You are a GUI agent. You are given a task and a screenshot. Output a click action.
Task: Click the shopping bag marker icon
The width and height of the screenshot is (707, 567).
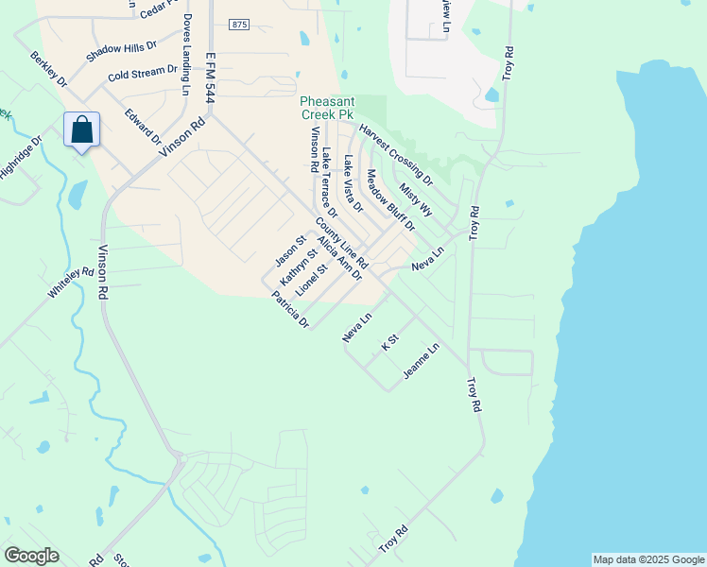coord(82,129)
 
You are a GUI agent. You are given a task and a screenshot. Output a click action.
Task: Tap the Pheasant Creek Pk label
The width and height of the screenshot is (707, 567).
coord(326,108)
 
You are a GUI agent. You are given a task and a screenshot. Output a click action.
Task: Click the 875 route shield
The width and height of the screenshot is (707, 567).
coord(238,25)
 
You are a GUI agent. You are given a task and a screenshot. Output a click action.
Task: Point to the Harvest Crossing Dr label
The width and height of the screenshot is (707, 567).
coord(395,153)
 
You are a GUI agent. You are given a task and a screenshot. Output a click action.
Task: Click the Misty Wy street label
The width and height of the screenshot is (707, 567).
coord(415,199)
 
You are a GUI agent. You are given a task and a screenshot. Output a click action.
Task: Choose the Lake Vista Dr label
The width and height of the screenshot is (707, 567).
coord(353,182)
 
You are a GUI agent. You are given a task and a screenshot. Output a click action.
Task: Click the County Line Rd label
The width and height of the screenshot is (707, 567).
coord(341,243)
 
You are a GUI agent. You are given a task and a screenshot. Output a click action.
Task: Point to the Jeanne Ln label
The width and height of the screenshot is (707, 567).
coord(421,361)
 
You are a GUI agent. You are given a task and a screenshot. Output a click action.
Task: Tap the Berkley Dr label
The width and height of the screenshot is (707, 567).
coord(49,69)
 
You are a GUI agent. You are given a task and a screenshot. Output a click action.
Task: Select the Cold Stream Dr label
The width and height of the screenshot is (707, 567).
coord(143,73)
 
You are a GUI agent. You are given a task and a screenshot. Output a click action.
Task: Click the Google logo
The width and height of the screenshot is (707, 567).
coord(31,555)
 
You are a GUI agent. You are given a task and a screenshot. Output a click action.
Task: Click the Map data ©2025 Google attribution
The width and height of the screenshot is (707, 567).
coord(647,559)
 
